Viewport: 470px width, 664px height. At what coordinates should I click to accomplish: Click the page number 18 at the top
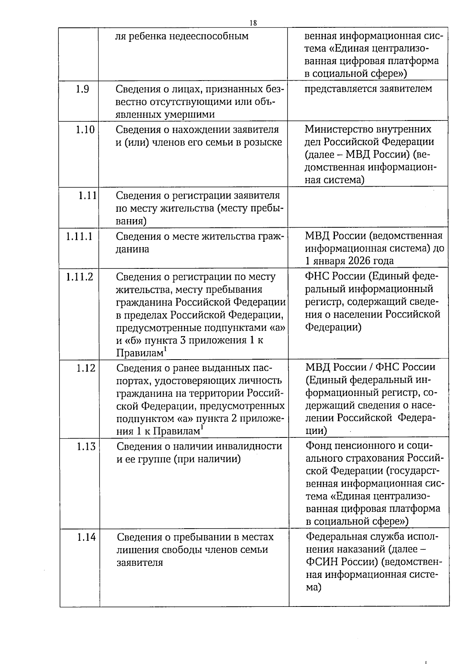(x=253, y=23)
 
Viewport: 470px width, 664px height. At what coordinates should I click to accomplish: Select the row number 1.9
(x=83, y=89)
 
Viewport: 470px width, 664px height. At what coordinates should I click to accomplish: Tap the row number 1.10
(x=85, y=130)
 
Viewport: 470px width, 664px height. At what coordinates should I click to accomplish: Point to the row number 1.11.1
(x=79, y=236)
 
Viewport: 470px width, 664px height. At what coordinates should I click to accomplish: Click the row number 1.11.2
(x=80, y=277)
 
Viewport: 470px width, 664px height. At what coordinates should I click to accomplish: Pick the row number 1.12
(x=86, y=368)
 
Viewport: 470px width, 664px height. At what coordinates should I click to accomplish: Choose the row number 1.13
(x=86, y=446)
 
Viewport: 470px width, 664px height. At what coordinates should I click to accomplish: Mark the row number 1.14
(x=86, y=537)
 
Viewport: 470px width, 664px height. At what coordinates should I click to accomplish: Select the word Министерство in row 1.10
(x=340, y=129)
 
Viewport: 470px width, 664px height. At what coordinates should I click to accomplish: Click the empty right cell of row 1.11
(x=368, y=207)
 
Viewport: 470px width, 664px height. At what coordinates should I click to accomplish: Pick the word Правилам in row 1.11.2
(x=139, y=353)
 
